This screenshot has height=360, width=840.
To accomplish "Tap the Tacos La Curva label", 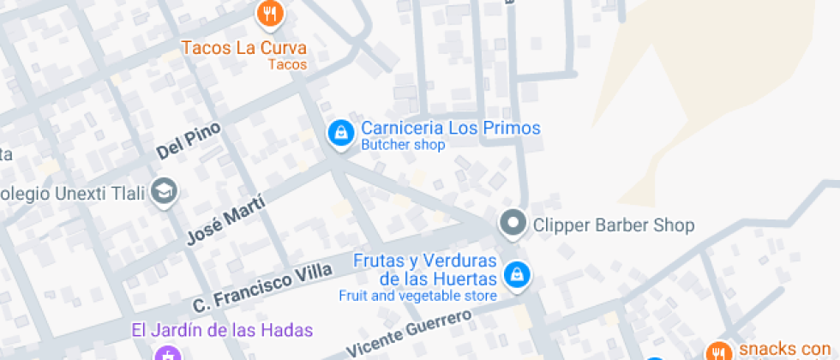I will point(243,48).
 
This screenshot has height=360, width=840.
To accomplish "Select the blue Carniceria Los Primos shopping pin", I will point(341,134).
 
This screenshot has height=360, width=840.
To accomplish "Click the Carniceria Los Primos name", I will point(451,129).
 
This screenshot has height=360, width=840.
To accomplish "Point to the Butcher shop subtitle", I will point(403,146).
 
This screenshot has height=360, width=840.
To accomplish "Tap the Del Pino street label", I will point(189,141).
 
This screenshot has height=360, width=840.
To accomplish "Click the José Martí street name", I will point(225,220).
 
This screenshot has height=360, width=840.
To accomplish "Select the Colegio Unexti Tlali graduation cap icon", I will point(164,192).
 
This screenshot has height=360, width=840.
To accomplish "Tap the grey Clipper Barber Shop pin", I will point(513,224).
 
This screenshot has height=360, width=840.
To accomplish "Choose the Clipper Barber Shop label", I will point(613,225).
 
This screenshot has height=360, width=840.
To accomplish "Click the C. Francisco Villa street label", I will point(261,289).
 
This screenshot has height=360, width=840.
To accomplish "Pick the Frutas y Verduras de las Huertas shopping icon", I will point(517,275).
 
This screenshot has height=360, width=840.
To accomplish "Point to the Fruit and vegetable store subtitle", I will point(417,297).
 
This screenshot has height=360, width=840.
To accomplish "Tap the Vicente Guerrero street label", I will point(409,333).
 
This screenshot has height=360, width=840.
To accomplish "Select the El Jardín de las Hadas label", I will point(222,330).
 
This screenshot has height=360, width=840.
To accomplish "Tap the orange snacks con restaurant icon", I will point(718,351).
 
